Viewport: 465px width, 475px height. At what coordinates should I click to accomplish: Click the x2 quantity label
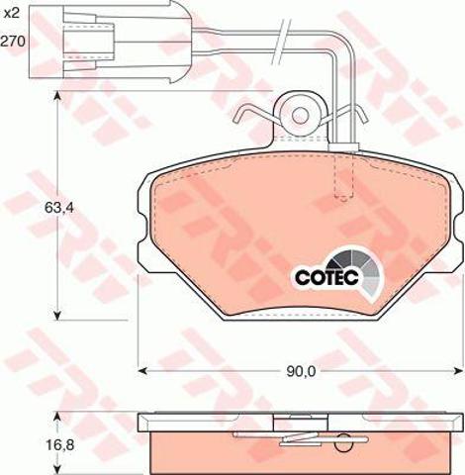click(x=13, y=13)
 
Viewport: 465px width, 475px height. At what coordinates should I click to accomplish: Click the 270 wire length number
click(x=13, y=42)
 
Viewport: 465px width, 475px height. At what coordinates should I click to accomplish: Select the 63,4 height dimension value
click(x=58, y=208)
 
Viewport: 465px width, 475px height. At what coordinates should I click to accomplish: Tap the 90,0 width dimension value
click(x=301, y=372)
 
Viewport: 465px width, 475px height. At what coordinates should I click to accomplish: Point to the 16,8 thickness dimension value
click(x=59, y=445)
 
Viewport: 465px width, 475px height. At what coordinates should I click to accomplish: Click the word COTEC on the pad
click(x=326, y=278)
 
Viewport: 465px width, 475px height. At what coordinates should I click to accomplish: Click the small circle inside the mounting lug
click(x=301, y=115)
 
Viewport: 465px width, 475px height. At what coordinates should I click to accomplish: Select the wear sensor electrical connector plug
click(x=111, y=42)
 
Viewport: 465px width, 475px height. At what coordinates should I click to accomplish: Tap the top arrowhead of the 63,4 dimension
click(x=57, y=96)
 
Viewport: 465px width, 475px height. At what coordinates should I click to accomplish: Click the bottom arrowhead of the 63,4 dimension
click(x=57, y=316)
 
